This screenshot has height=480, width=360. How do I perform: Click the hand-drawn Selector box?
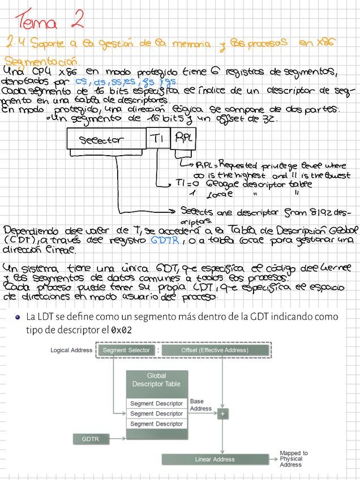point(107,139)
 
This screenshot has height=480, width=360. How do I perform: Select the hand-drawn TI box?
point(158,138)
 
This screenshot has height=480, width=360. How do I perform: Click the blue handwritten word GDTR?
point(165,239)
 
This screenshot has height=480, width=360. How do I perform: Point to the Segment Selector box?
point(126,350)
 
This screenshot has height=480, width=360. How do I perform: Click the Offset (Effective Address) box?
point(215,350)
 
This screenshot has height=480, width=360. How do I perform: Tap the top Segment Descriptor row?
point(156,404)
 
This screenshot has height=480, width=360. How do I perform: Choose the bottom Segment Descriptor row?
point(156,424)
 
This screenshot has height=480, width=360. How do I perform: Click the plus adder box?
point(223,414)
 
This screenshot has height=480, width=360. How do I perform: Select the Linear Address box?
point(215,459)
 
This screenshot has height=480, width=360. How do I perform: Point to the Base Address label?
point(200,405)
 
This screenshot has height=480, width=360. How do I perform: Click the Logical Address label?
point(71,350)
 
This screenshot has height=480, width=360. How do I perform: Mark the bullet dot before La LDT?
point(18,318)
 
